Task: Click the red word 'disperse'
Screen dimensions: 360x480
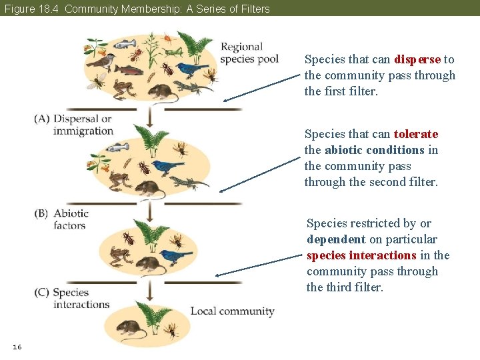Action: click(x=417, y=59)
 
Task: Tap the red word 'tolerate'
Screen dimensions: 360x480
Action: click(x=416, y=134)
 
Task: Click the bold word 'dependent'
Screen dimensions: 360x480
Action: click(x=335, y=239)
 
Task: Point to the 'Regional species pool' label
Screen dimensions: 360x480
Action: click(x=249, y=53)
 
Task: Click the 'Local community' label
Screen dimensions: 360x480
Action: click(x=232, y=311)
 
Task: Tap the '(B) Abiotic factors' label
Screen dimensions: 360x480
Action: click(x=62, y=219)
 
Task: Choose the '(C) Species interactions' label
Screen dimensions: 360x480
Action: click(x=72, y=298)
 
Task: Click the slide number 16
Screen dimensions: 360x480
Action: click(x=17, y=347)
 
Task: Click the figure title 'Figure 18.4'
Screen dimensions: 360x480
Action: click(x=31, y=9)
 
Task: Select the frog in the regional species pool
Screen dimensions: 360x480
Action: click(x=123, y=88)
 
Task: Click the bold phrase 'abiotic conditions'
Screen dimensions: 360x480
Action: click(x=375, y=150)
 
